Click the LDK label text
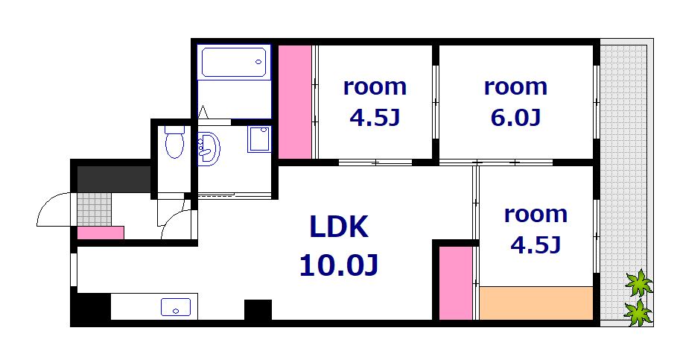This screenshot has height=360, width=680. pyautogui.click(x=339, y=227)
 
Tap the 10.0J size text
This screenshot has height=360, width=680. pyautogui.click(x=339, y=265)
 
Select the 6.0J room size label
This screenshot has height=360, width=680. pyautogui.click(x=515, y=117)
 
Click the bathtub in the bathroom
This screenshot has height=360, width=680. pyautogui.click(x=234, y=62)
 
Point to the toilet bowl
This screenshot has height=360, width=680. pyautogui.click(x=174, y=143)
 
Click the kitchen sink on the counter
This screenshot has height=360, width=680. pyautogui.click(x=176, y=306)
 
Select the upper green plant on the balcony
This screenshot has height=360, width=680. pyautogui.click(x=638, y=283)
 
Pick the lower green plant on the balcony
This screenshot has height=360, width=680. pyautogui.click(x=638, y=312)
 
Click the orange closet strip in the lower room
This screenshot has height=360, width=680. pyautogui.click(x=536, y=304)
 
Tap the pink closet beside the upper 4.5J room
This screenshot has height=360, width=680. pyautogui.click(x=294, y=101)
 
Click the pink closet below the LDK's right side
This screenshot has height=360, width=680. pyautogui.click(x=455, y=282)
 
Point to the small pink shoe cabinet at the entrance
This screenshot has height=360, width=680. pyautogui.click(x=101, y=233)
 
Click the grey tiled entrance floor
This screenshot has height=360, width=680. pyautogui.click(x=95, y=209)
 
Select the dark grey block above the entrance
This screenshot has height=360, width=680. pyautogui.click(x=115, y=179)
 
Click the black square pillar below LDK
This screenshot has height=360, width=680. pyautogui.click(x=258, y=309)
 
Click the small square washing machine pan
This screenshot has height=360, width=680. pyautogui.click(x=258, y=139)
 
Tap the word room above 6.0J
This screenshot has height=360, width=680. pyautogui.click(x=515, y=86)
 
